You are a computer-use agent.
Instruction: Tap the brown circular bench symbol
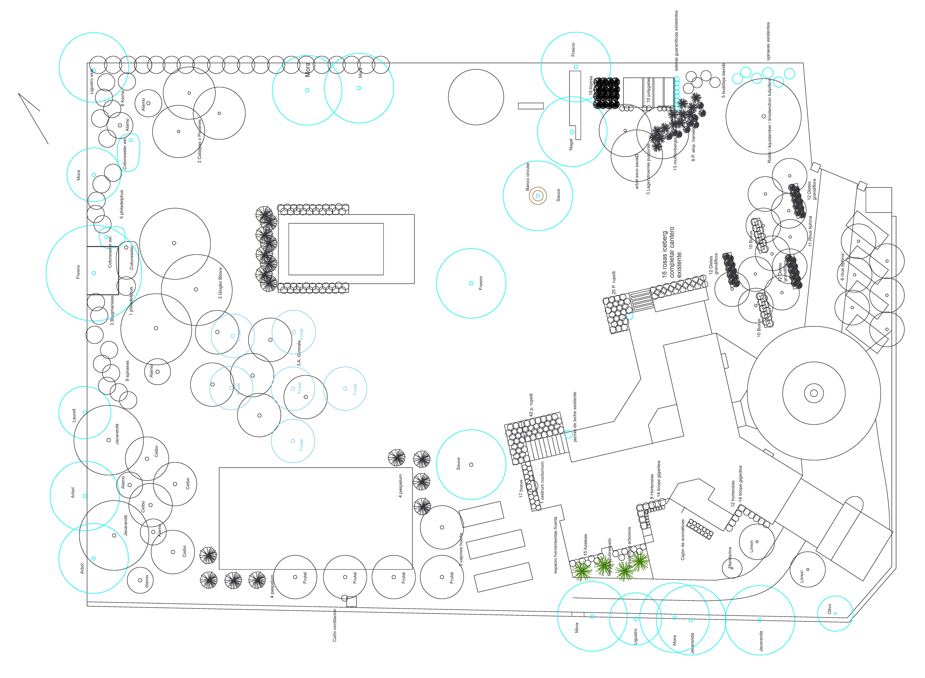pos(538,196)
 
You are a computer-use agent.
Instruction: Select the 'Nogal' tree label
pos(571,144)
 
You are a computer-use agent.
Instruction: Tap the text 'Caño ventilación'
pos(334,625)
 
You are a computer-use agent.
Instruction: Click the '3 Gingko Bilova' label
pos(220,283)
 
